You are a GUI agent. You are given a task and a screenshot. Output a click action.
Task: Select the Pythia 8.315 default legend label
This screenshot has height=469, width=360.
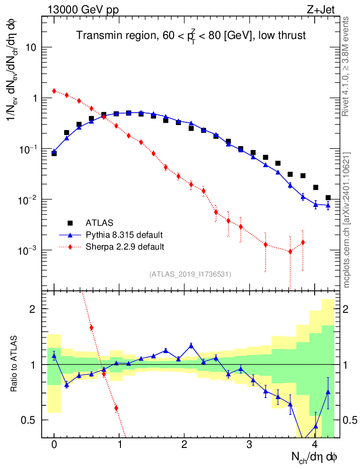pyautogui.click(x=124, y=235)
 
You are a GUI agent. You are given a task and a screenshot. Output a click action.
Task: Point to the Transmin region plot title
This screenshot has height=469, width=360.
pyautogui.click(x=191, y=35)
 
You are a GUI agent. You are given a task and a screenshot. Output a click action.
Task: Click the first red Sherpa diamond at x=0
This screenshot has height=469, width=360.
pyautogui.click(x=54, y=91)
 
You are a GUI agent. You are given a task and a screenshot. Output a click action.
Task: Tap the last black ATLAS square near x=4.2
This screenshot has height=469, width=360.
pyautogui.click(x=328, y=198)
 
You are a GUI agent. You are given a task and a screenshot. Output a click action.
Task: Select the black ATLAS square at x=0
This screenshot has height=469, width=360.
pyautogui.click(x=54, y=153)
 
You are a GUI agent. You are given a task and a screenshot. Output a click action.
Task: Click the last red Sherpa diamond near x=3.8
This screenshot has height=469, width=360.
pyautogui.click(x=303, y=242)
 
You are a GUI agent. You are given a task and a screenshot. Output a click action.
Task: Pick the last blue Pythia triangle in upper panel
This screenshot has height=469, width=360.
pyautogui.click(x=328, y=206)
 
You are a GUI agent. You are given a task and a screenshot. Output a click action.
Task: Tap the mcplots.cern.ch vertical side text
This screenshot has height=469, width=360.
pyautogui.click(x=346, y=220)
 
